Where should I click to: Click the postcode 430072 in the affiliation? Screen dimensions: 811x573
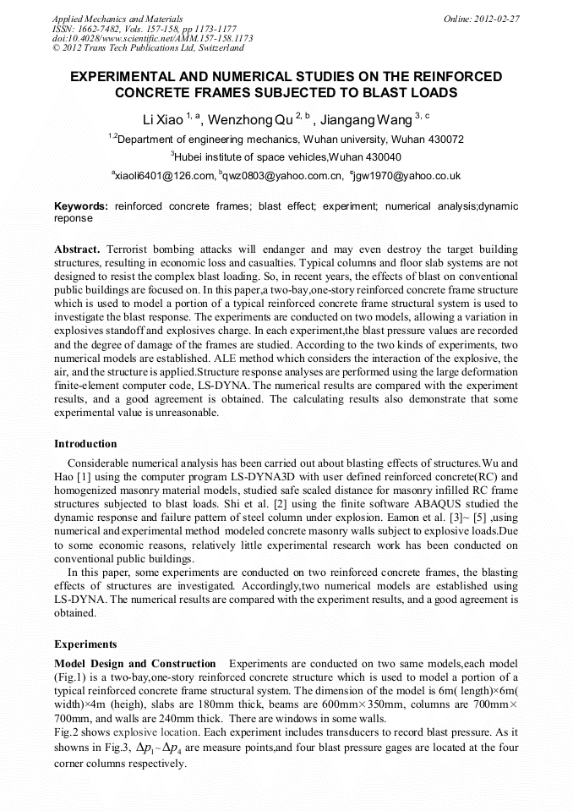443,139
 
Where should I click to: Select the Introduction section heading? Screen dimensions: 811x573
85,443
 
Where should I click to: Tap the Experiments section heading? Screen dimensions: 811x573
85,644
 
